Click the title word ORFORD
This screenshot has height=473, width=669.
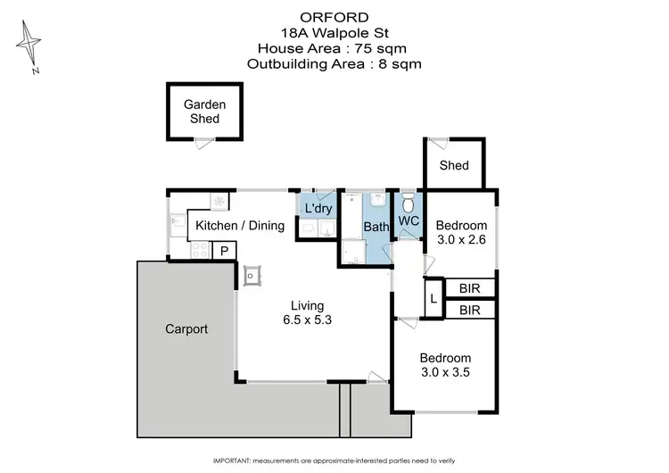pyautogui.click(x=334, y=15)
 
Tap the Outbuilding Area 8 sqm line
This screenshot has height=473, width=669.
pyautogui.click(x=334, y=63)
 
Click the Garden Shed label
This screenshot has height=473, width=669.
pyautogui.click(x=204, y=111)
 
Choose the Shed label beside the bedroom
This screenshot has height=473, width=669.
pyautogui.click(x=454, y=165)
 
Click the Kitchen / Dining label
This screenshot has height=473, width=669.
pyautogui.click(x=240, y=226)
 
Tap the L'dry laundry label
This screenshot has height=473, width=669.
pyautogui.click(x=318, y=209)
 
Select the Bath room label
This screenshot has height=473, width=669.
pyautogui.click(x=376, y=227)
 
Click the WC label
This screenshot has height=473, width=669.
pyautogui.click(x=409, y=220)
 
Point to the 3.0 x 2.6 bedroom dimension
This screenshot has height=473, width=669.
pyautogui.click(x=460, y=239)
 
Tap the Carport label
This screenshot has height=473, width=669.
pyautogui.click(x=186, y=329)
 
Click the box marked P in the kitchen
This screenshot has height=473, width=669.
pyautogui.click(x=224, y=251)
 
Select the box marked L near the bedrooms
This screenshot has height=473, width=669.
pyautogui.click(x=434, y=299)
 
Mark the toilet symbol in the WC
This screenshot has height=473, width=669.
pyautogui.click(x=409, y=200)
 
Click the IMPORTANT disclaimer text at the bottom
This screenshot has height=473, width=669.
pyautogui.click(x=334, y=461)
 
